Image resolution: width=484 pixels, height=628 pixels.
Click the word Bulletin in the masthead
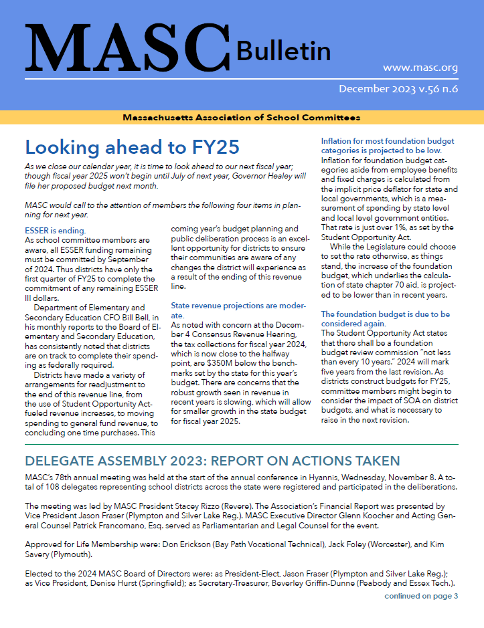click(283, 51)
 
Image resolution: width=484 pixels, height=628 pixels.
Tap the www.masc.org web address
click(420, 68)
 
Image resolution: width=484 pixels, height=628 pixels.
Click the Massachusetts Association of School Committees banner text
click(241, 118)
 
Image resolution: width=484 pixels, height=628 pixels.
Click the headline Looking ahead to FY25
click(131, 146)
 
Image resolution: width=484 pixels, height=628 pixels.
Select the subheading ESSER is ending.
click(55, 231)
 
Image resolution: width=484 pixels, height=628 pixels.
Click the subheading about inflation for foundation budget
click(388, 146)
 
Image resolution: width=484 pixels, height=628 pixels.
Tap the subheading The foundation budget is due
click(385, 318)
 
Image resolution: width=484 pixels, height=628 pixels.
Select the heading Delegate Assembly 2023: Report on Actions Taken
click(212, 461)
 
